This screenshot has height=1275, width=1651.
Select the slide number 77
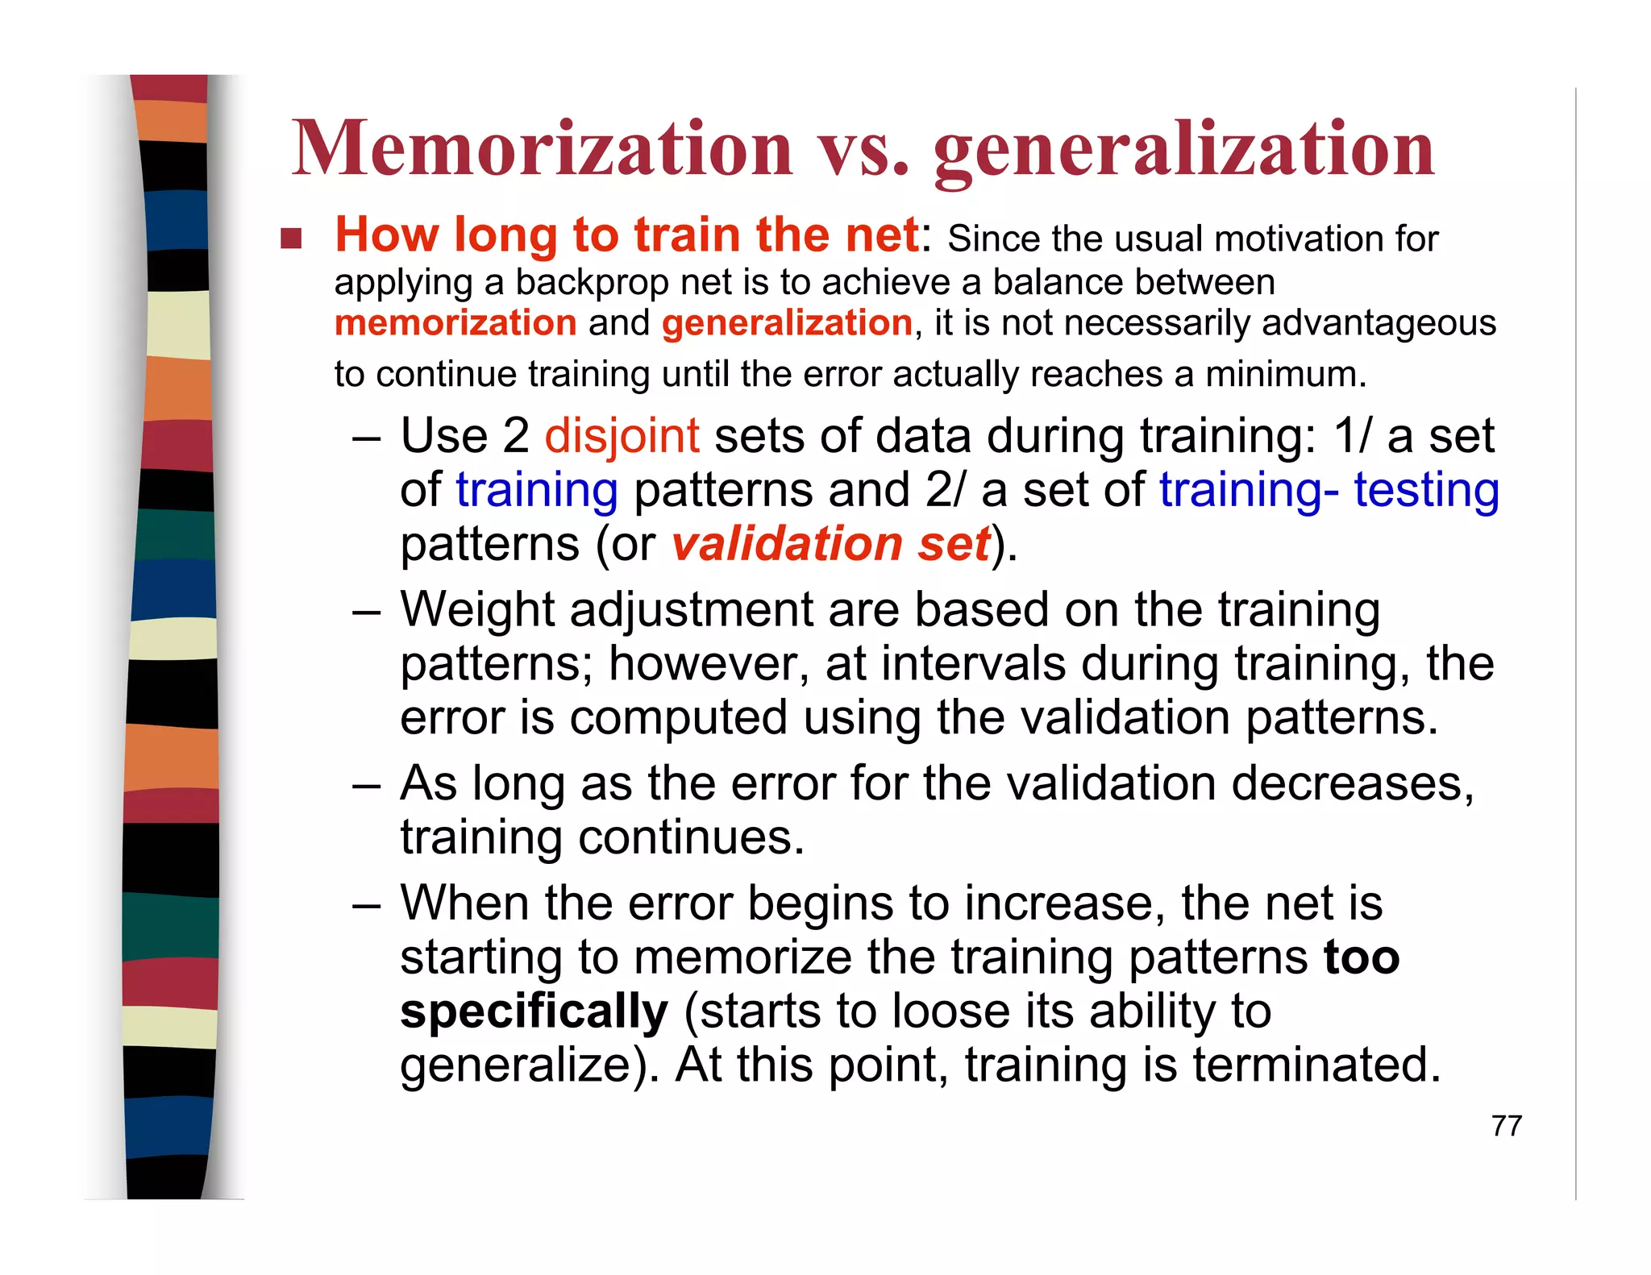click(1506, 1126)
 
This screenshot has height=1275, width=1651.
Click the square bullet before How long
click(291, 238)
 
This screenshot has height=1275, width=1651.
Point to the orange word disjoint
click(622, 436)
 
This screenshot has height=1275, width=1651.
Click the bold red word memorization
click(455, 323)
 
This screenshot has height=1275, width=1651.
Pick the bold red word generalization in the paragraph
click(787, 323)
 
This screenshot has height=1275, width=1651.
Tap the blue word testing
click(1426, 490)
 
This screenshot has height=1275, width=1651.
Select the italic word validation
click(787, 543)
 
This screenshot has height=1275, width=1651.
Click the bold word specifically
click(534, 1011)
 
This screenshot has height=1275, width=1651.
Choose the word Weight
click(477, 609)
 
